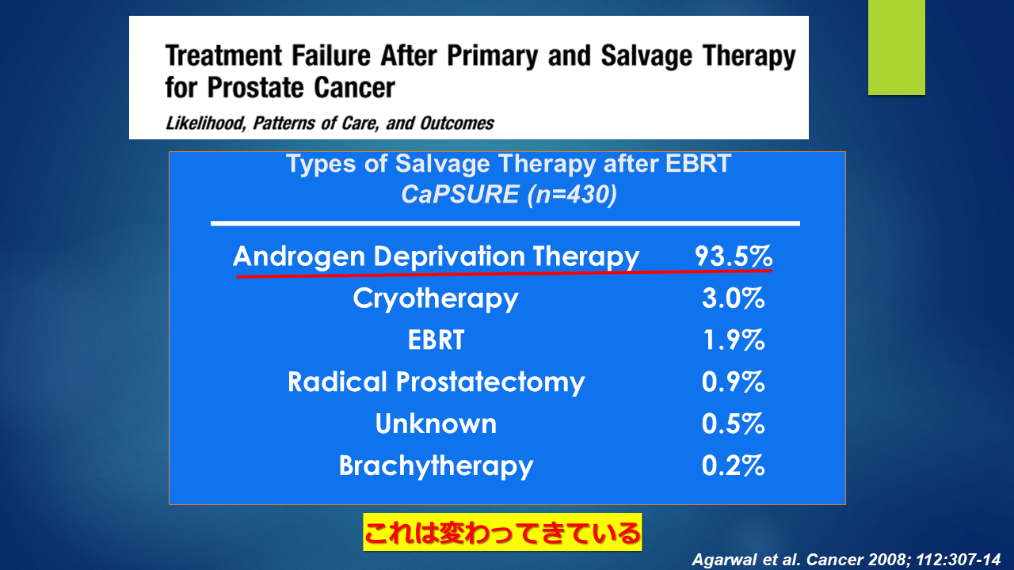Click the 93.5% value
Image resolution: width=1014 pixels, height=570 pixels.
734,256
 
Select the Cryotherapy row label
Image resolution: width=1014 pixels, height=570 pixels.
436,298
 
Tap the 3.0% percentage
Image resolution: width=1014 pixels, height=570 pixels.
734,298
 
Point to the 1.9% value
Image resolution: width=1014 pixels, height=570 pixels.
734,340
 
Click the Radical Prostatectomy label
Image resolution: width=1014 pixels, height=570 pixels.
436,382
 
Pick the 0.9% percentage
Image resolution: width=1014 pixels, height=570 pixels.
734,382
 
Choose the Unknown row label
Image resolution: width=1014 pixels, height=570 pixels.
436,424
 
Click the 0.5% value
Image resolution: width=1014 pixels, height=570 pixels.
734,424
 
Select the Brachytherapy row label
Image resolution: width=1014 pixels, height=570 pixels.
436,466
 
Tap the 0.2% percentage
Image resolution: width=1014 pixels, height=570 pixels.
734,466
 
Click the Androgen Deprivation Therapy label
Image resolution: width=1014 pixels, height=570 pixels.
436,257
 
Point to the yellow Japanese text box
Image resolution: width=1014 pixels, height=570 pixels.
502,532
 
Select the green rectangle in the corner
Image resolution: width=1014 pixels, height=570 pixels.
896,47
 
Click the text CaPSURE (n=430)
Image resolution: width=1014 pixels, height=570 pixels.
509,195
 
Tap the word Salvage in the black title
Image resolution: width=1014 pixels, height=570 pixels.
646,56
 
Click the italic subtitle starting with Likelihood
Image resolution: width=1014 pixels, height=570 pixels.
330,123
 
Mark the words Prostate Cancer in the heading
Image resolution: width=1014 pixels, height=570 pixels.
301,87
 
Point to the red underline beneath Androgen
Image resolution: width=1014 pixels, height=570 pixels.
504,273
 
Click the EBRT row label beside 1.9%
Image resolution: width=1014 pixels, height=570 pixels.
436,340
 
